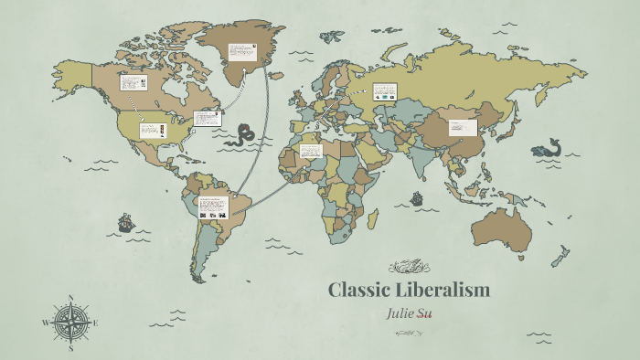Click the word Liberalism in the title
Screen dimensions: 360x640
pos(443,291)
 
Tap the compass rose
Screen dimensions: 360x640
pos(71,322)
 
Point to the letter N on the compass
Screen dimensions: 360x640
pos(71,297)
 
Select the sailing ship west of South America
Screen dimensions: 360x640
pos(125,222)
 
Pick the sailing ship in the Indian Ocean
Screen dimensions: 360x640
pos(416,197)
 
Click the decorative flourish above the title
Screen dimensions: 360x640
pos(409,267)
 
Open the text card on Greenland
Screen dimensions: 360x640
pos(242,54)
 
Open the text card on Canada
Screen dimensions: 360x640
pos(133,81)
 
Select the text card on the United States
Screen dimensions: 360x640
pos(152,130)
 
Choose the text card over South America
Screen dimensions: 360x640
pos(213,206)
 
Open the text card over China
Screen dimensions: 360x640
pos(463,128)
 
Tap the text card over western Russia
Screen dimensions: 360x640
pos(384,90)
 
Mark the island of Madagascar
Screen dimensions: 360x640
pos(372,217)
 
